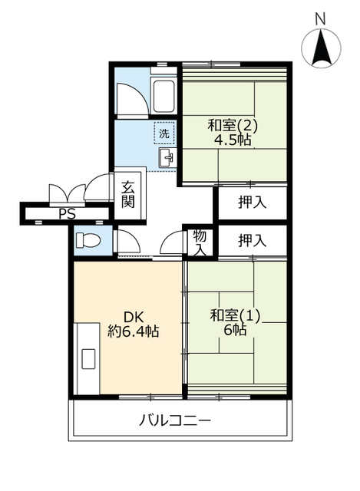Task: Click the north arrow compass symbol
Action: point(321,48)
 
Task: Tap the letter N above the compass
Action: point(320,18)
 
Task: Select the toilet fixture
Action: point(88,240)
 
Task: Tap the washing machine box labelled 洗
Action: point(163,133)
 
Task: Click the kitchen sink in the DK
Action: point(89,358)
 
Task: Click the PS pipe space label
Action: point(68,214)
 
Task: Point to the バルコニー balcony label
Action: point(175,420)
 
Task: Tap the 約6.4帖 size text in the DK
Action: point(134,331)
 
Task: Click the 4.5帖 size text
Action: point(233,140)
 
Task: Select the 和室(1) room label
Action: point(236,315)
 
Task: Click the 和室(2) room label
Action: point(233,126)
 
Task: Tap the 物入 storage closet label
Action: point(200,242)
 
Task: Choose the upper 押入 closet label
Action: point(253,203)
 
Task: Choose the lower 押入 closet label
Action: point(253,240)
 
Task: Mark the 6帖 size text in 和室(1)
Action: point(235,330)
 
